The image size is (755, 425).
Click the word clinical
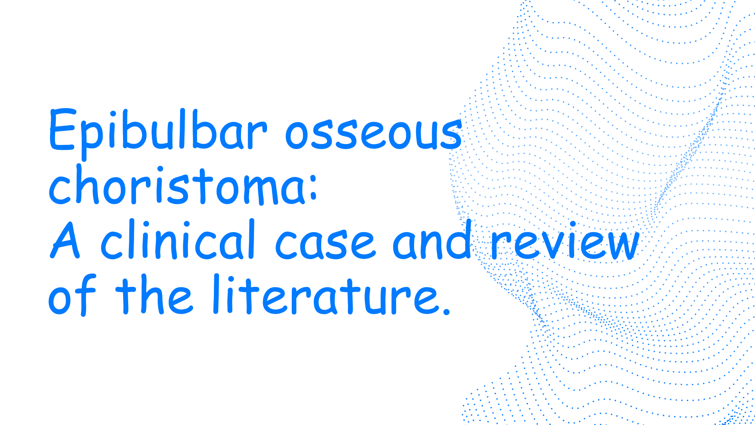coord(178,240)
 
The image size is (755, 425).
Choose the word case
coord(326,244)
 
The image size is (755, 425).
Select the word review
coord(565,241)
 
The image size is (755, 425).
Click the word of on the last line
coord(72,295)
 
